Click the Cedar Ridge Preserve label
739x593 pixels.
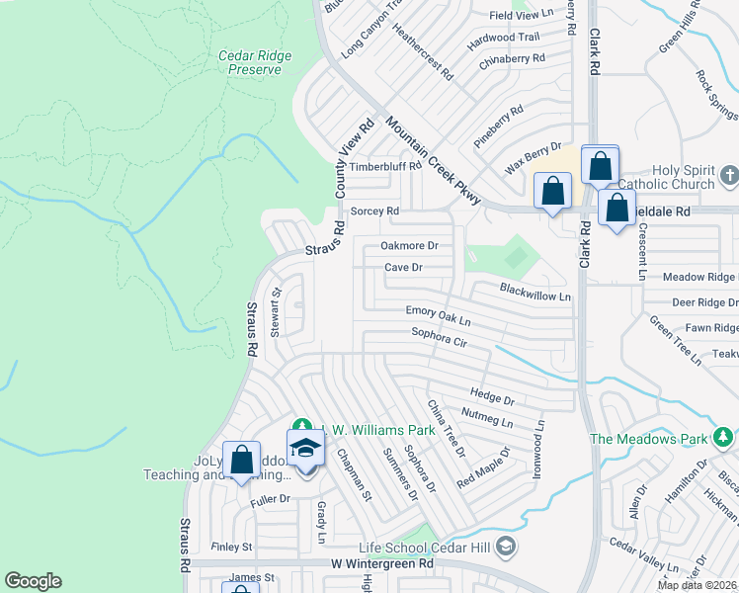[x=255, y=62]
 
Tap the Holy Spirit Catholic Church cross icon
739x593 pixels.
[x=729, y=176]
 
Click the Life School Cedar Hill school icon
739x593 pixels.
[x=506, y=545]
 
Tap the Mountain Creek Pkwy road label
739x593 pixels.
[x=433, y=161]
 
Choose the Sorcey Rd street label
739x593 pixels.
[x=374, y=212]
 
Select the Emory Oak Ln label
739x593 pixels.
[x=439, y=316]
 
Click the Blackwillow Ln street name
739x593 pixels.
[x=535, y=294]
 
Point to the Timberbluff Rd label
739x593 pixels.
[x=384, y=167]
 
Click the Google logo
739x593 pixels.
[x=34, y=581]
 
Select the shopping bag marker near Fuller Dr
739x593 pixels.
[x=241, y=460]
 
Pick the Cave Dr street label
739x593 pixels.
[x=403, y=268]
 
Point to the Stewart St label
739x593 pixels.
[x=277, y=312]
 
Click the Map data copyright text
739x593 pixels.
[x=696, y=585]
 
